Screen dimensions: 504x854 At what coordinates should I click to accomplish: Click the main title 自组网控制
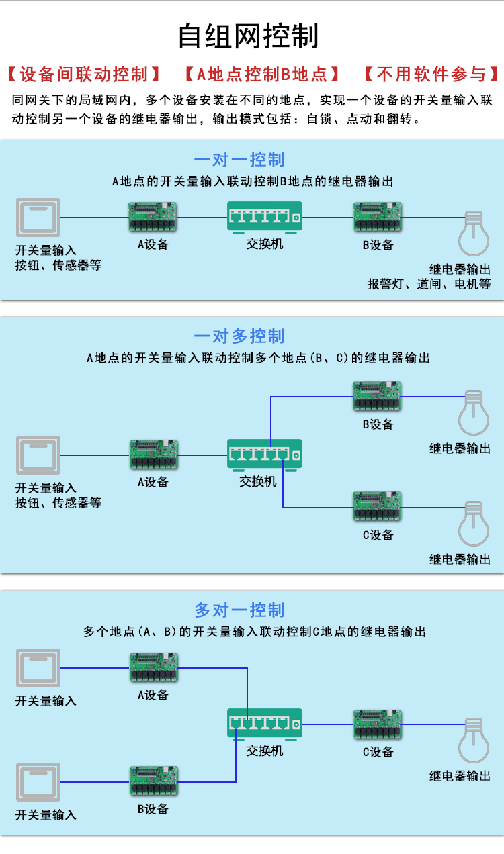tap(249, 36)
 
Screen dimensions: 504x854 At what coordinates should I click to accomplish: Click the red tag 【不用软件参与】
tap(431, 74)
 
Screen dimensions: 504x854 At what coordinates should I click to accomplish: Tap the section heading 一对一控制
tap(239, 160)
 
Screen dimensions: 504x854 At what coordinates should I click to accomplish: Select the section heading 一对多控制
tap(239, 336)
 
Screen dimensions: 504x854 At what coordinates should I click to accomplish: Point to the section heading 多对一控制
tap(239, 610)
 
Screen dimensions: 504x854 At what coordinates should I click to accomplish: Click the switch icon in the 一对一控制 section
tap(38, 218)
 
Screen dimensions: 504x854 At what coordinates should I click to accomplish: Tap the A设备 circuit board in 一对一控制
tap(153, 217)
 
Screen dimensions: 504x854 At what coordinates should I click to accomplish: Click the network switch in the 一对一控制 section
tap(264, 218)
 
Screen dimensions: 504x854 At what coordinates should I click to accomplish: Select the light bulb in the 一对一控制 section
tap(474, 234)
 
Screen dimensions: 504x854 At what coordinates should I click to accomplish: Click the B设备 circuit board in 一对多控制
tap(377, 396)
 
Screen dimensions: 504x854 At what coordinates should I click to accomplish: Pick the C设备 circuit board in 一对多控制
tap(377, 506)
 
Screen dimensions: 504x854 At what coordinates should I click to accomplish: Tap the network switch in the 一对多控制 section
tap(264, 455)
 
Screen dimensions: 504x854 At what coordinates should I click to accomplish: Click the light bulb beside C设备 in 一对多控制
tap(474, 524)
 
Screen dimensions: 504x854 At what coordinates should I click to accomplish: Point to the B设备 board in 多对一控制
tap(154, 781)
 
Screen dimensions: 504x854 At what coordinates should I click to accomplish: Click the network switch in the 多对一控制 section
tap(264, 724)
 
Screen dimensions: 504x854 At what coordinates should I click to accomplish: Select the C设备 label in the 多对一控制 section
tap(378, 752)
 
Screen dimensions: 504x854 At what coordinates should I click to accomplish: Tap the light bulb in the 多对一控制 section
tap(474, 741)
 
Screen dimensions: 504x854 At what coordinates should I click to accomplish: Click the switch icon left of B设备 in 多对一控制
tap(38, 782)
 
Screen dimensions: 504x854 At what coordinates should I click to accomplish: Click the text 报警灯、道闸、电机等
tap(429, 284)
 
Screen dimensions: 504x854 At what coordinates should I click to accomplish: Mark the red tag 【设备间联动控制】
tap(84, 74)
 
